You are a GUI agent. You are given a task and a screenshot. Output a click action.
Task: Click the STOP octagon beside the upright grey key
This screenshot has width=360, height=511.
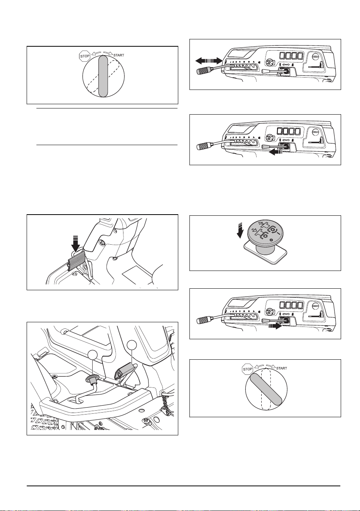click(x=85, y=56)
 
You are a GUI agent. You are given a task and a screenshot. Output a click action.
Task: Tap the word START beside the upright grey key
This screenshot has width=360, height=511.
click(x=119, y=56)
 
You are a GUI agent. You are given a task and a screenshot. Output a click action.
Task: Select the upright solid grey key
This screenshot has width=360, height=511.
click(x=103, y=76)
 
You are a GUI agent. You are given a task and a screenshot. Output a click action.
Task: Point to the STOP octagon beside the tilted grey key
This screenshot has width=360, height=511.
click(x=248, y=369)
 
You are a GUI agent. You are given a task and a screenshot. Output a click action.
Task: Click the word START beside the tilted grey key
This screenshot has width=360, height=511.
click(x=282, y=369)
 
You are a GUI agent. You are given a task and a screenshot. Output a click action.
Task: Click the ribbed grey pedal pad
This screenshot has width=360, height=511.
click(x=76, y=260)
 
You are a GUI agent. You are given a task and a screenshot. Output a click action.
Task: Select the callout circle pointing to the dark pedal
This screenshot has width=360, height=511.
click(x=132, y=345)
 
